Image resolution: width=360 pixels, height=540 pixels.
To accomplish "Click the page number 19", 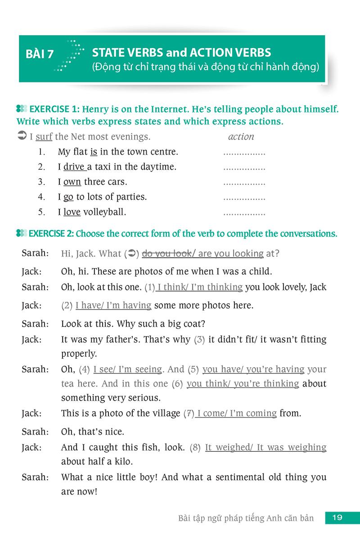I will (x=337, y=517).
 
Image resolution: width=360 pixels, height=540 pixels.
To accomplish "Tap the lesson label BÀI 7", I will (x=40, y=54).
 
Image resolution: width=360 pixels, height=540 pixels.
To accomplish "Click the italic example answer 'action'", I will (x=241, y=136).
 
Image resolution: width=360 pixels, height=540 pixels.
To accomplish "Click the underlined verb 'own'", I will (x=72, y=182).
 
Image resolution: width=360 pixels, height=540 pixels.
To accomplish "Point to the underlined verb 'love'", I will (x=72, y=211).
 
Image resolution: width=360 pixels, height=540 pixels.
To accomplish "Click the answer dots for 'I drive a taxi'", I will (x=244, y=167).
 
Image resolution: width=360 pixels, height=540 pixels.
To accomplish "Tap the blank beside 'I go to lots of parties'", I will (x=244, y=197).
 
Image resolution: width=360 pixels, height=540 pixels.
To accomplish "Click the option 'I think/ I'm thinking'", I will (x=200, y=287).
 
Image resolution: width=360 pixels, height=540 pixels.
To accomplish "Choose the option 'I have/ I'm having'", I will (x=113, y=305).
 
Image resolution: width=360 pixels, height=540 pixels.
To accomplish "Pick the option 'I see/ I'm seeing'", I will (x=127, y=369).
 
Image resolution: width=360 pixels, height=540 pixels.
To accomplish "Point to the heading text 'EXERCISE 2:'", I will (x=51, y=234).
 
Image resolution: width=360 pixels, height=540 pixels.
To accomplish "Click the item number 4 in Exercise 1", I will (x=41, y=197).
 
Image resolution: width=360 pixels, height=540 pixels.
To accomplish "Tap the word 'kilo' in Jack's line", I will (x=123, y=461).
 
